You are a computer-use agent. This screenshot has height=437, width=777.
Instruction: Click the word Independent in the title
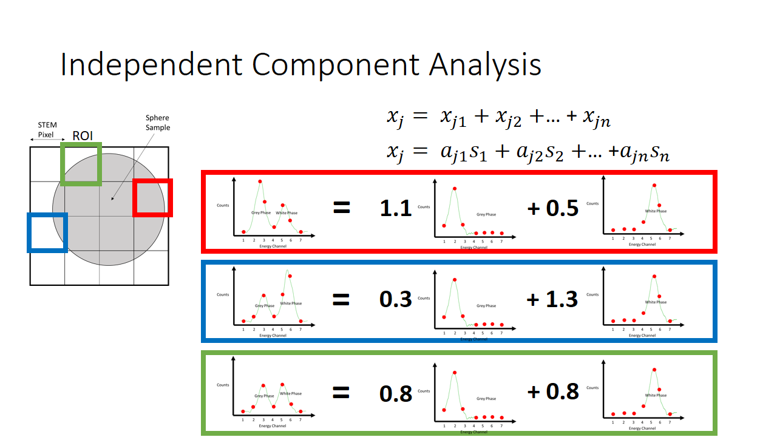click(152, 66)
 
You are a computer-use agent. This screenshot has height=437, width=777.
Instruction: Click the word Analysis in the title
click(485, 66)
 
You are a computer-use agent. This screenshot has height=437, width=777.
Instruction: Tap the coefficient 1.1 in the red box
click(396, 209)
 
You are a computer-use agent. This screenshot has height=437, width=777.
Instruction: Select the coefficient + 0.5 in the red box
click(552, 208)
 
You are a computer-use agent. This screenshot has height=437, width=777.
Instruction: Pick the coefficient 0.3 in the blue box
click(396, 299)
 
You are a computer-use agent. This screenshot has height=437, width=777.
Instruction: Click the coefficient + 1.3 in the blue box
click(552, 299)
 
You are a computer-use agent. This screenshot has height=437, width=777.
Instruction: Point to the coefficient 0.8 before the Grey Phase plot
click(396, 393)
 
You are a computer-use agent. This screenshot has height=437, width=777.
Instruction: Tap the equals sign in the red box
click(342, 209)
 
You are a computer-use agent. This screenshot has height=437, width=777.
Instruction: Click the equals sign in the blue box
click(342, 299)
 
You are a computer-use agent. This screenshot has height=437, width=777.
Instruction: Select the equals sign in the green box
click(342, 393)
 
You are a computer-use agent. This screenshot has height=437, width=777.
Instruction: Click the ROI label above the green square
click(83, 135)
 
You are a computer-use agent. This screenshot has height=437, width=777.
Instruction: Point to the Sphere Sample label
click(157, 123)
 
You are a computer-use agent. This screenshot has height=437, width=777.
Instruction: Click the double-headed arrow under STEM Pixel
click(46, 140)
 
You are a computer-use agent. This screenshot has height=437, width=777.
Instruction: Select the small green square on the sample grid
click(81, 164)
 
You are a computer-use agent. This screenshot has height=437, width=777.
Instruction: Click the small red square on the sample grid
click(153, 197)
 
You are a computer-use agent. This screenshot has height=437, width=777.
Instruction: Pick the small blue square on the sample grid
click(47, 232)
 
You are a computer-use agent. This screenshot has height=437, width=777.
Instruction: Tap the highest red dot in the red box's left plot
click(260, 181)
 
